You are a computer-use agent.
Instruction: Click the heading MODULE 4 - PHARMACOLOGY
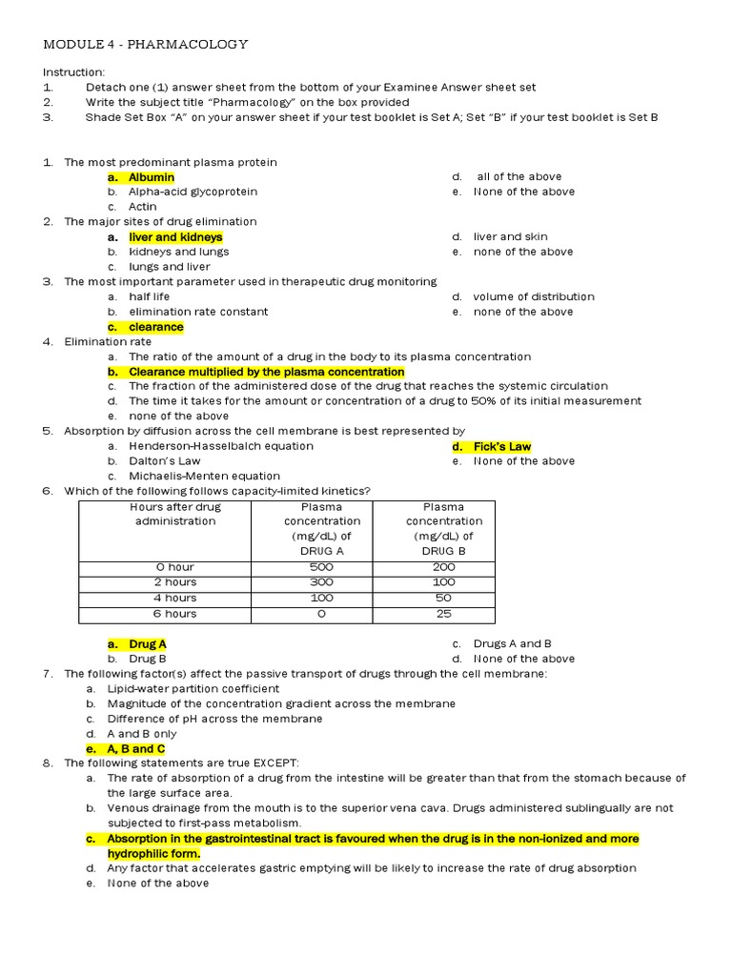click(146, 44)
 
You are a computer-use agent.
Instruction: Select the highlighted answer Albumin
click(152, 176)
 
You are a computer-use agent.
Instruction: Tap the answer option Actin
click(143, 206)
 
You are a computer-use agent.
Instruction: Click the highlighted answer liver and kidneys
click(175, 236)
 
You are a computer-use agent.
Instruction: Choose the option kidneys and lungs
click(179, 252)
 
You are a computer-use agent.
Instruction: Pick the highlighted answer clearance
click(155, 327)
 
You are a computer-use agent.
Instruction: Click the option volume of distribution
click(533, 296)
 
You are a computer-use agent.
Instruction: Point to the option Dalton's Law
click(165, 461)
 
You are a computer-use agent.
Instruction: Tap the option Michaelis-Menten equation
click(204, 476)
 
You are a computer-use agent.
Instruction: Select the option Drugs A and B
click(512, 643)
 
